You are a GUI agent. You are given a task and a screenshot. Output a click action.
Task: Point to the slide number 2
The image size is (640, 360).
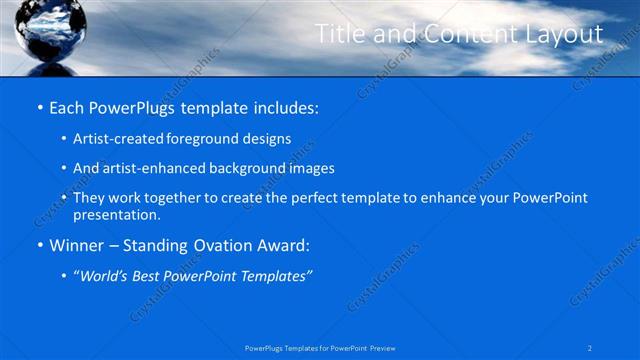point(590,347)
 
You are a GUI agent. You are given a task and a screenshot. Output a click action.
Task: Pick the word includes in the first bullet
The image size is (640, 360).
point(285,106)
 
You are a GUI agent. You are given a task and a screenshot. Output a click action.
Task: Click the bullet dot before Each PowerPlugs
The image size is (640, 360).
point(38,106)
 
